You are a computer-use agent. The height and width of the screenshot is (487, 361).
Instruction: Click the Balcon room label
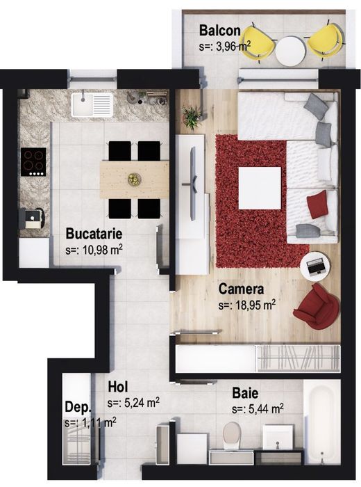click(219, 31)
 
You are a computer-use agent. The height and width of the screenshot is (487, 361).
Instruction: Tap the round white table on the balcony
click(290, 51)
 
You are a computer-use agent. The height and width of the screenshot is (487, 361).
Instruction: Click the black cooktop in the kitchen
click(33, 162)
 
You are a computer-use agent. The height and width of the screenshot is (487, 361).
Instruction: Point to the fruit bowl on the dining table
click(135, 179)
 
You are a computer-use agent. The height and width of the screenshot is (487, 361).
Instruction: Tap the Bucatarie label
click(94, 234)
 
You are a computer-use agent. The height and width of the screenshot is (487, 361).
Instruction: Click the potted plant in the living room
click(192, 117)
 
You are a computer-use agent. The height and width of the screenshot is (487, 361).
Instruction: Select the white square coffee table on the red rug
click(260, 189)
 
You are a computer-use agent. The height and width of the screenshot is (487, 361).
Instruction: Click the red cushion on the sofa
click(317, 205)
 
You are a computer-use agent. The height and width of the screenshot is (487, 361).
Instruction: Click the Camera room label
click(241, 289)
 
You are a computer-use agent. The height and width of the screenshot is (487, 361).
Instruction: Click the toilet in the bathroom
click(233, 435)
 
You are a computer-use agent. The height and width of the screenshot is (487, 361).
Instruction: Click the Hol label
click(118, 387)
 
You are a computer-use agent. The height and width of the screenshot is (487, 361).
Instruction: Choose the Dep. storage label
click(78, 407)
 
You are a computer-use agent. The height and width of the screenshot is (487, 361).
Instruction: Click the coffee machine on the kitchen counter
click(32, 218)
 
